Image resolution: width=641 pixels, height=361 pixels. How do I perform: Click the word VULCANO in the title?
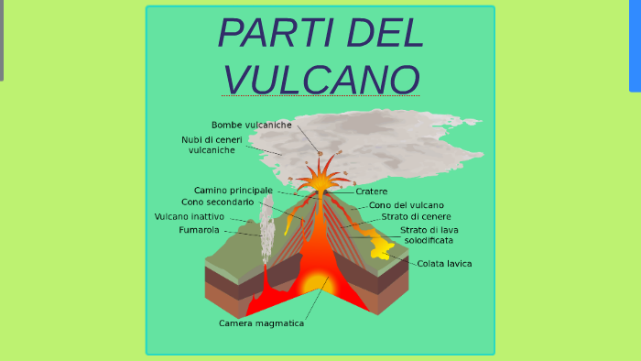[x=321, y=79]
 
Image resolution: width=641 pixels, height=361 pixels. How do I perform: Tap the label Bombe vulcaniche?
[x=251, y=125]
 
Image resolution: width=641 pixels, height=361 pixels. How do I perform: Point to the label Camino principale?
[x=233, y=190]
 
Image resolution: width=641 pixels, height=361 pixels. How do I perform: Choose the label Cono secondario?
[x=217, y=202]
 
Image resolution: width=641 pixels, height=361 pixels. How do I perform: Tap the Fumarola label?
[x=199, y=230]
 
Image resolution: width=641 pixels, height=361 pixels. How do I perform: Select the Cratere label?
[x=372, y=191]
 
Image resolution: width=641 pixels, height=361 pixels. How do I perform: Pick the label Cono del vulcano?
[x=407, y=205]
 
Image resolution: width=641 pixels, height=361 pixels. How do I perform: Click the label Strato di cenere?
[x=416, y=217]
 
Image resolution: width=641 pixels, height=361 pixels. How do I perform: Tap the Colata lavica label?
[x=444, y=264]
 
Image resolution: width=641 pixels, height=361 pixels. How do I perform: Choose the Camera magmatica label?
[x=261, y=323]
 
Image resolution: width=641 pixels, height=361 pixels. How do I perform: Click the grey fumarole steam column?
[x=267, y=220]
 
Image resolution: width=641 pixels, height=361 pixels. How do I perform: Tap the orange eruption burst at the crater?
[x=320, y=176]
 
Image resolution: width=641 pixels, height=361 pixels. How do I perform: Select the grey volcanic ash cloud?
[x=385, y=142]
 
